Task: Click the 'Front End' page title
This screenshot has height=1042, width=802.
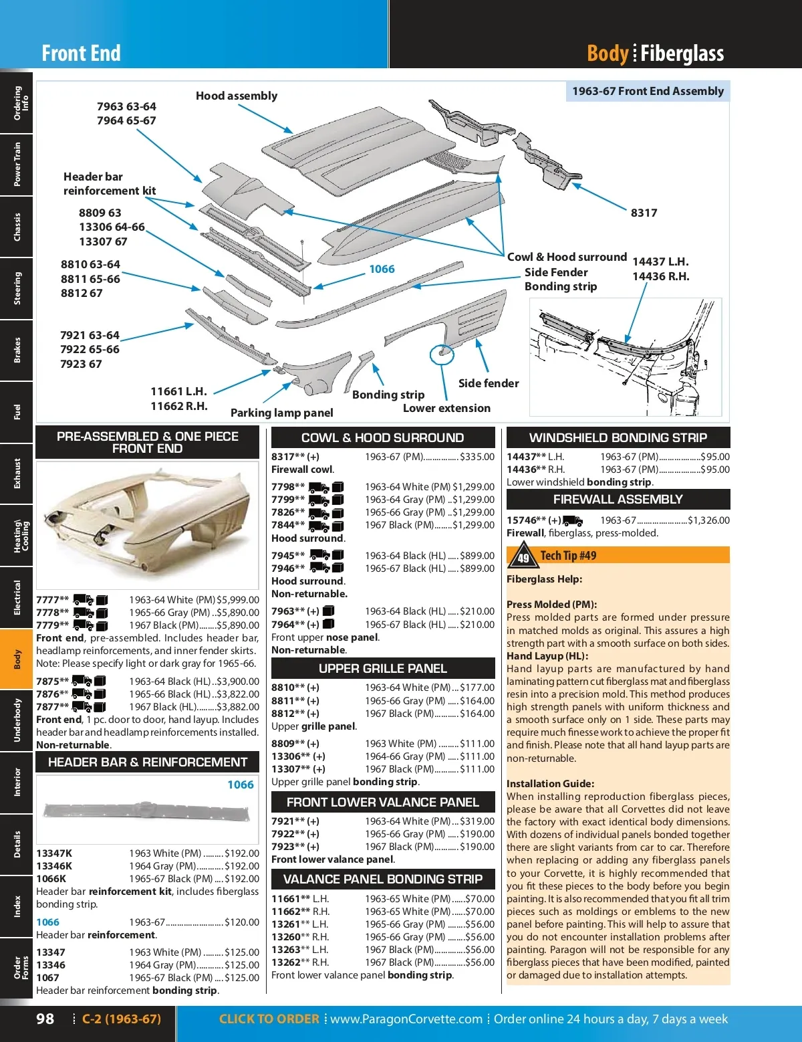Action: pyautogui.click(x=81, y=54)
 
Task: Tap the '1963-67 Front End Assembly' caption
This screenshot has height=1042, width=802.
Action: pyautogui.click(x=648, y=91)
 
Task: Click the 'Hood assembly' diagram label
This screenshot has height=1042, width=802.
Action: pyautogui.click(x=236, y=96)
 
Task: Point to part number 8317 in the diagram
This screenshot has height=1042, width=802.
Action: pyautogui.click(x=644, y=213)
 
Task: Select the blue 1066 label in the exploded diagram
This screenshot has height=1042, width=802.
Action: pyautogui.click(x=382, y=269)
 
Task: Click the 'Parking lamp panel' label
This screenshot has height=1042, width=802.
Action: pyautogui.click(x=281, y=413)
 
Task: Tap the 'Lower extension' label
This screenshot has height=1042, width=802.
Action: pyautogui.click(x=446, y=408)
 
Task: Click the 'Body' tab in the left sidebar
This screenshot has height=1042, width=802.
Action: pyautogui.click(x=17, y=659)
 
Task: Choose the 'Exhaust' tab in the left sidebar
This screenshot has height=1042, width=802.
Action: pyautogui.click(x=17, y=473)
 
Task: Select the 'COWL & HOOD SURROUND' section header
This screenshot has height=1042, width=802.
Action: pyautogui.click(x=382, y=437)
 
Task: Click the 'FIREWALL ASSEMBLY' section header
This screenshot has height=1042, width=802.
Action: pyautogui.click(x=618, y=499)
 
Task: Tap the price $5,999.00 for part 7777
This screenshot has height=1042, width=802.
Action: pyautogui.click(x=238, y=600)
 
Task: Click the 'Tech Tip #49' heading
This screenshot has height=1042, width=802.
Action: pyautogui.click(x=568, y=556)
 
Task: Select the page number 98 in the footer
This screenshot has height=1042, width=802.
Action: pyautogui.click(x=45, y=1019)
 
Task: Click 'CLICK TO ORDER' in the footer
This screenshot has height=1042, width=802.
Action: pyautogui.click(x=269, y=1019)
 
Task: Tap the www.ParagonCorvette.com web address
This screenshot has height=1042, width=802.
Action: pyautogui.click(x=406, y=1019)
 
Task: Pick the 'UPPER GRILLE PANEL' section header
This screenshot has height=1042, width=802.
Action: pyautogui.click(x=382, y=668)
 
